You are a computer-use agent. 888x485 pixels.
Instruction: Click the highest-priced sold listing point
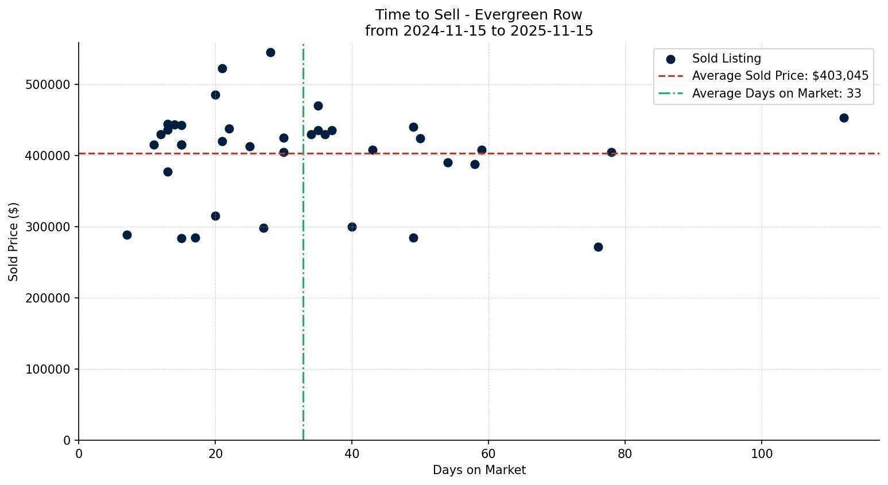270,52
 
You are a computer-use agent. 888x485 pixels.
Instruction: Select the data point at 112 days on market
844,118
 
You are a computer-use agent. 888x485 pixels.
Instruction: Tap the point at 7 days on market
127,235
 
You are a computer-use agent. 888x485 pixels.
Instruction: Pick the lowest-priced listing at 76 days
598,247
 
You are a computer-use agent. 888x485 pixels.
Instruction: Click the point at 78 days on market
611,152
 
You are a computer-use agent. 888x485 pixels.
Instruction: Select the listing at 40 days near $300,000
352,227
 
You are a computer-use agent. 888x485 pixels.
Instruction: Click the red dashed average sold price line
517,153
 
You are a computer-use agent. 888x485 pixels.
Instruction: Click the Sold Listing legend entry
726,59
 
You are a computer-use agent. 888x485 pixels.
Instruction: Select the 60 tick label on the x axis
488,453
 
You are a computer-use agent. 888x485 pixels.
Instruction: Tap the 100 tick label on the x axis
762,453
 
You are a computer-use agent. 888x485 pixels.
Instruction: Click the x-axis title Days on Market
479,470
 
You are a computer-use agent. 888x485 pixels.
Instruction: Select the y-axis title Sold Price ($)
13,242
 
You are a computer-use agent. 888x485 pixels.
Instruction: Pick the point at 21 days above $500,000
222,68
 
